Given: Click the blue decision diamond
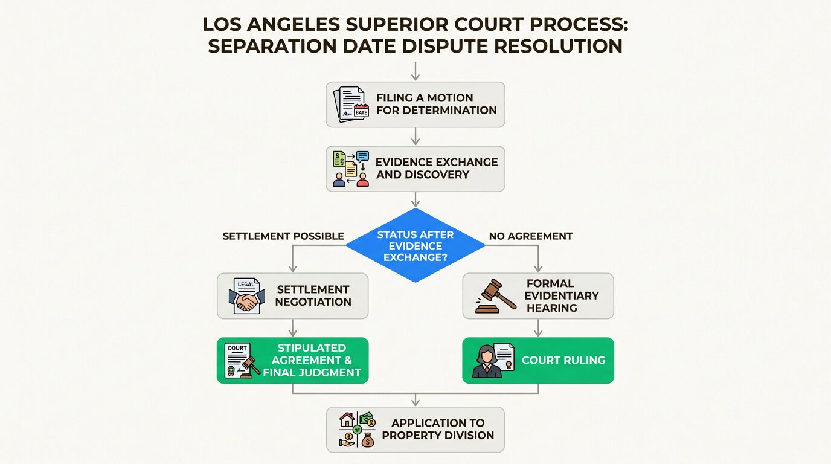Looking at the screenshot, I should (x=415, y=245).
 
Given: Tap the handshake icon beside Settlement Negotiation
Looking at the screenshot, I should (x=246, y=296).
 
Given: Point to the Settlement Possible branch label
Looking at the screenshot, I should (x=283, y=236).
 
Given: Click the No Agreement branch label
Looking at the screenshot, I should (x=530, y=236).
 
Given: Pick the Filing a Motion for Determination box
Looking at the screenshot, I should (x=415, y=105).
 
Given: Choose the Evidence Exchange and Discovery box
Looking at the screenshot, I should (x=415, y=169).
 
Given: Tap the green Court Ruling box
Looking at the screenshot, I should (x=538, y=361).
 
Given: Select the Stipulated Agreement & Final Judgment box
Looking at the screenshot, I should (x=293, y=361).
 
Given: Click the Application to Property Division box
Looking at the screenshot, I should (x=415, y=430).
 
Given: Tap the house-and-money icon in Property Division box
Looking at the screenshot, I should (x=357, y=430).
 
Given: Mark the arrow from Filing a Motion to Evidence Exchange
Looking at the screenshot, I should (x=415, y=137).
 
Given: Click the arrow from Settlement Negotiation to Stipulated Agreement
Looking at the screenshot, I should (x=293, y=328).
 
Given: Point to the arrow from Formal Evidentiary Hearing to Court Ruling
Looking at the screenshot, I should (x=538, y=328).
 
